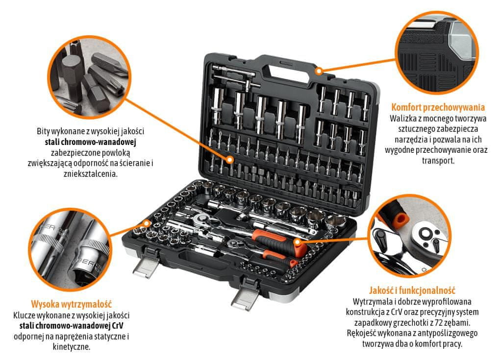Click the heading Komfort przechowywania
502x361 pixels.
tap(438, 107)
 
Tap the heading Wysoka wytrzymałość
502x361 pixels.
tap(72, 303)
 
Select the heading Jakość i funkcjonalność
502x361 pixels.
tap(412, 290)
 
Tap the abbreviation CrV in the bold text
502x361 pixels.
tap(118, 326)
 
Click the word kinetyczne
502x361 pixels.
tap(72, 347)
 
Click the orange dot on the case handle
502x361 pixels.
tap(318, 71)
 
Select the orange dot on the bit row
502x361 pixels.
tap(229, 159)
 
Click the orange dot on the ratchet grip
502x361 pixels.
tap(297, 242)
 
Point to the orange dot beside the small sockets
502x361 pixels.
tap(147, 223)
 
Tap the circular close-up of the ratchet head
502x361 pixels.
tap(409, 236)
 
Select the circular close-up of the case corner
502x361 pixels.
tap(437, 53)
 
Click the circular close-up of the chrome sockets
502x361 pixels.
tap(70, 250)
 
